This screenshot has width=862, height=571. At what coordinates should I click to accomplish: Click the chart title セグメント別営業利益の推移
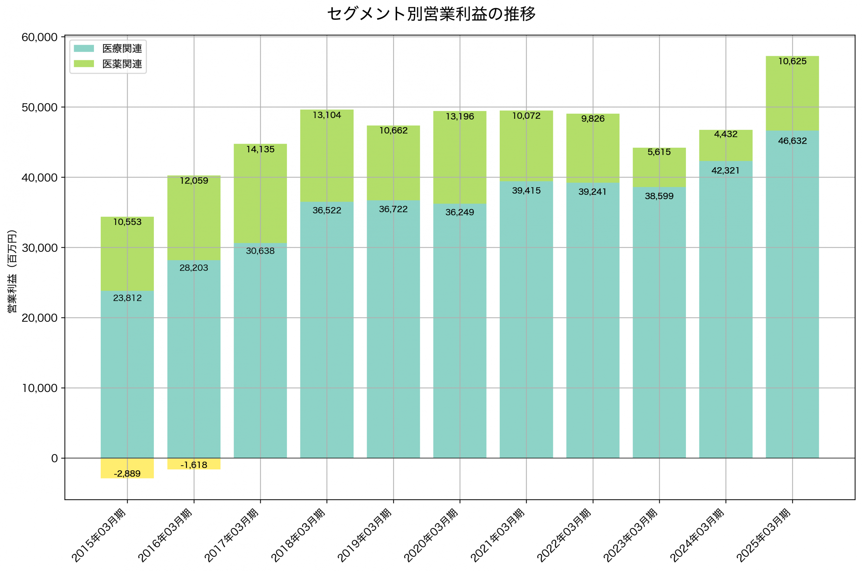coord(431,14)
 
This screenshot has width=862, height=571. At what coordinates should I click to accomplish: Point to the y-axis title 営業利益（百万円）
coord(12,271)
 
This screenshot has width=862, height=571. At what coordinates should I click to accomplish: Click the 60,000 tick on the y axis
coord(39,37)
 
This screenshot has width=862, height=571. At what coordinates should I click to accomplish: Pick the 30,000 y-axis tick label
coord(39,248)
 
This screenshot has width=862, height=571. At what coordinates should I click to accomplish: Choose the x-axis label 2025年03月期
coord(764,536)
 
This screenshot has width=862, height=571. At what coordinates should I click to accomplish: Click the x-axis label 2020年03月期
coord(431,536)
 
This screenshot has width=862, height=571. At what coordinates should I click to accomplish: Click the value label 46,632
coord(792,141)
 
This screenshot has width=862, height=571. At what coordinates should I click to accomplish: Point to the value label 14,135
coord(260,149)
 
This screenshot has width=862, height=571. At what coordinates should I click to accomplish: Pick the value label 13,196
coord(460,116)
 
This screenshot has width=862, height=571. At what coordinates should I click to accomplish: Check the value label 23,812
coord(127,298)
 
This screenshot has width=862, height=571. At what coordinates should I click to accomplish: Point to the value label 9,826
coord(593,119)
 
